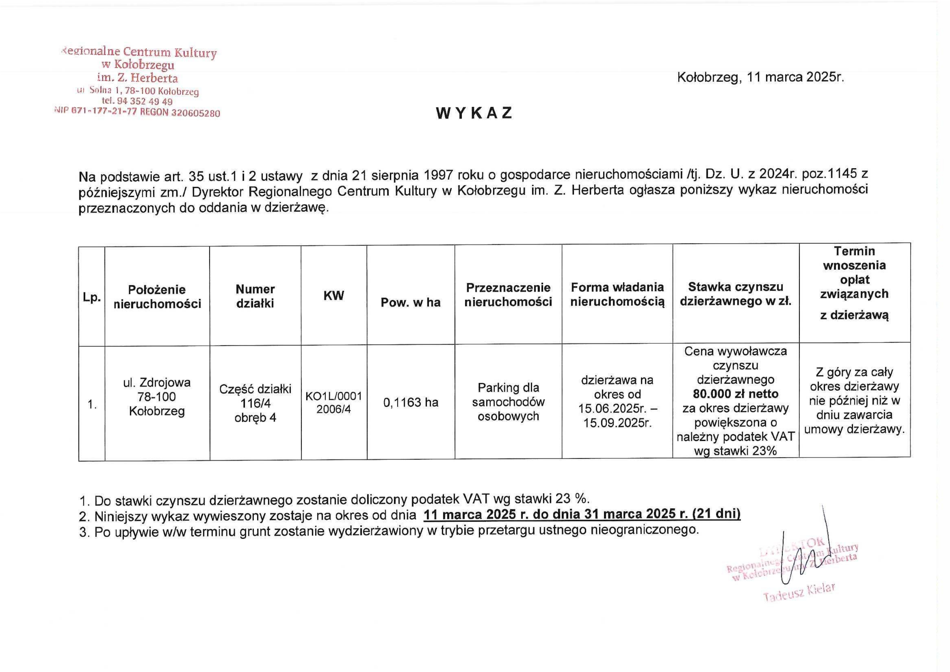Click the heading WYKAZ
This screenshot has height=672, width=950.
474,113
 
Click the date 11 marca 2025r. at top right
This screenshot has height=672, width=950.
795,77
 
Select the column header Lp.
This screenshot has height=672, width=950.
92,297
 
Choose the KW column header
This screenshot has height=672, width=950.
334,296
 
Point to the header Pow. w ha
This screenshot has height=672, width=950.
410,303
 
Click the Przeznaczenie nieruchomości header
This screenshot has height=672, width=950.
508,295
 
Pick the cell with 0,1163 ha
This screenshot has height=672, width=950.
410,402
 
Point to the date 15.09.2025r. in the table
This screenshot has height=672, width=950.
617,423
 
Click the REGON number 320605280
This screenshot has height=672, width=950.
195,113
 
